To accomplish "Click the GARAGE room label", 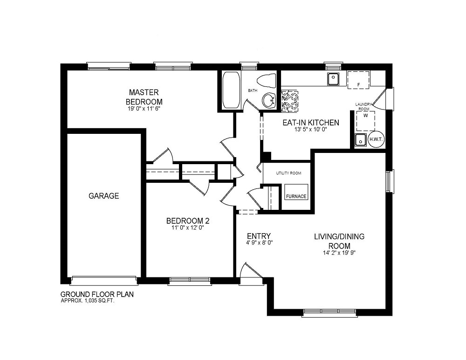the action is click(x=104, y=196).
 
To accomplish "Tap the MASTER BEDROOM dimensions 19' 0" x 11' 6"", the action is click(x=144, y=109).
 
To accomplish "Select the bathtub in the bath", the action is click(x=231, y=90).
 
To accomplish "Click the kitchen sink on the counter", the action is click(x=333, y=79).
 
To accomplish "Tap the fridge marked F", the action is click(x=358, y=80).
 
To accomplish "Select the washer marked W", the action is click(x=365, y=121).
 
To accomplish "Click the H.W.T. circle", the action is click(x=376, y=139).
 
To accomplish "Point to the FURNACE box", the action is click(x=296, y=192).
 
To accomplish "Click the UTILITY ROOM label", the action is click(x=288, y=173).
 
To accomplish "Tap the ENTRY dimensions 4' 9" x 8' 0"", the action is click(x=259, y=242).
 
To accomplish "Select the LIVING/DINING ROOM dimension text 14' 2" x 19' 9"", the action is click(x=339, y=253).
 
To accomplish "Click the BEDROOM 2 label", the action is click(x=188, y=221).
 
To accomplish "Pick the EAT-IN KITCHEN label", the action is click(x=311, y=123).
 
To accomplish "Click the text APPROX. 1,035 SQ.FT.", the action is click(x=88, y=300).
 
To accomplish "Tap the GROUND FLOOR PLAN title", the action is click(x=97, y=294).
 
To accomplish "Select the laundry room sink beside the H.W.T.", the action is click(x=361, y=139).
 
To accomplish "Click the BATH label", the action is click(x=253, y=90).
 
